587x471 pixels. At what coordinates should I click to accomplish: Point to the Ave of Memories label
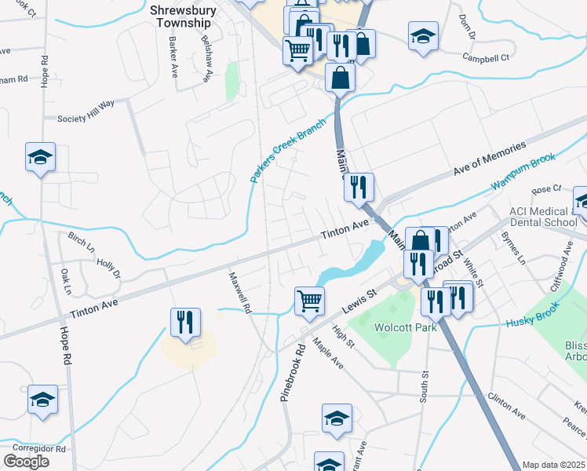(x=490, y=161)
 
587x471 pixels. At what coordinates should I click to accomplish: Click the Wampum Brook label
(x=523, y=172)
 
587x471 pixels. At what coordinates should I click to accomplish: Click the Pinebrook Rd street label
(x=290, y=371)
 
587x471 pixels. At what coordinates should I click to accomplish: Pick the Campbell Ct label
(x=486, y=57)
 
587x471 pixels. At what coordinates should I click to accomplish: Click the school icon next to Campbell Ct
(x=423, y=35)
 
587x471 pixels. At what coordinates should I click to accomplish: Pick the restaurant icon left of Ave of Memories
(x=358, y=187)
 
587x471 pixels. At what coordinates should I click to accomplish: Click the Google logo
(x=26, y=462)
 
